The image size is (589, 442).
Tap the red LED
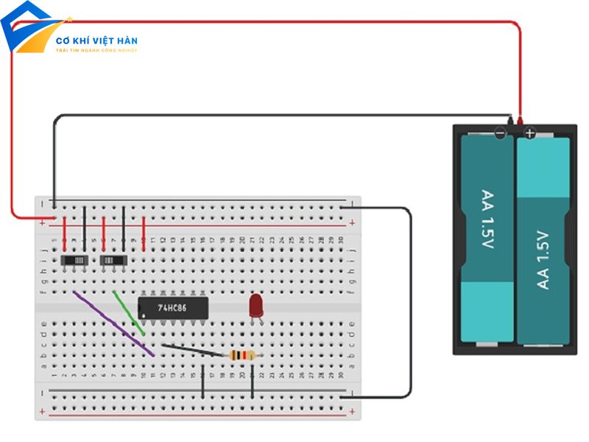click(256, 305)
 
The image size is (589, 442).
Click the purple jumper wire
click(114, 324)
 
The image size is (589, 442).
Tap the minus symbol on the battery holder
click(500, 133)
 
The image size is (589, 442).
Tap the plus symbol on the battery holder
click(529, 133)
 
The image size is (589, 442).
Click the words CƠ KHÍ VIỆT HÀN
click(96, 41)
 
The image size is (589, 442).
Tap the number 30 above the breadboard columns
click(341, 240)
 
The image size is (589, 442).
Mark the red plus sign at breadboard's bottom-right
click(353, 411)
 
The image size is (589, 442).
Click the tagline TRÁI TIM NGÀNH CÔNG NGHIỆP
click(96, 50)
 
